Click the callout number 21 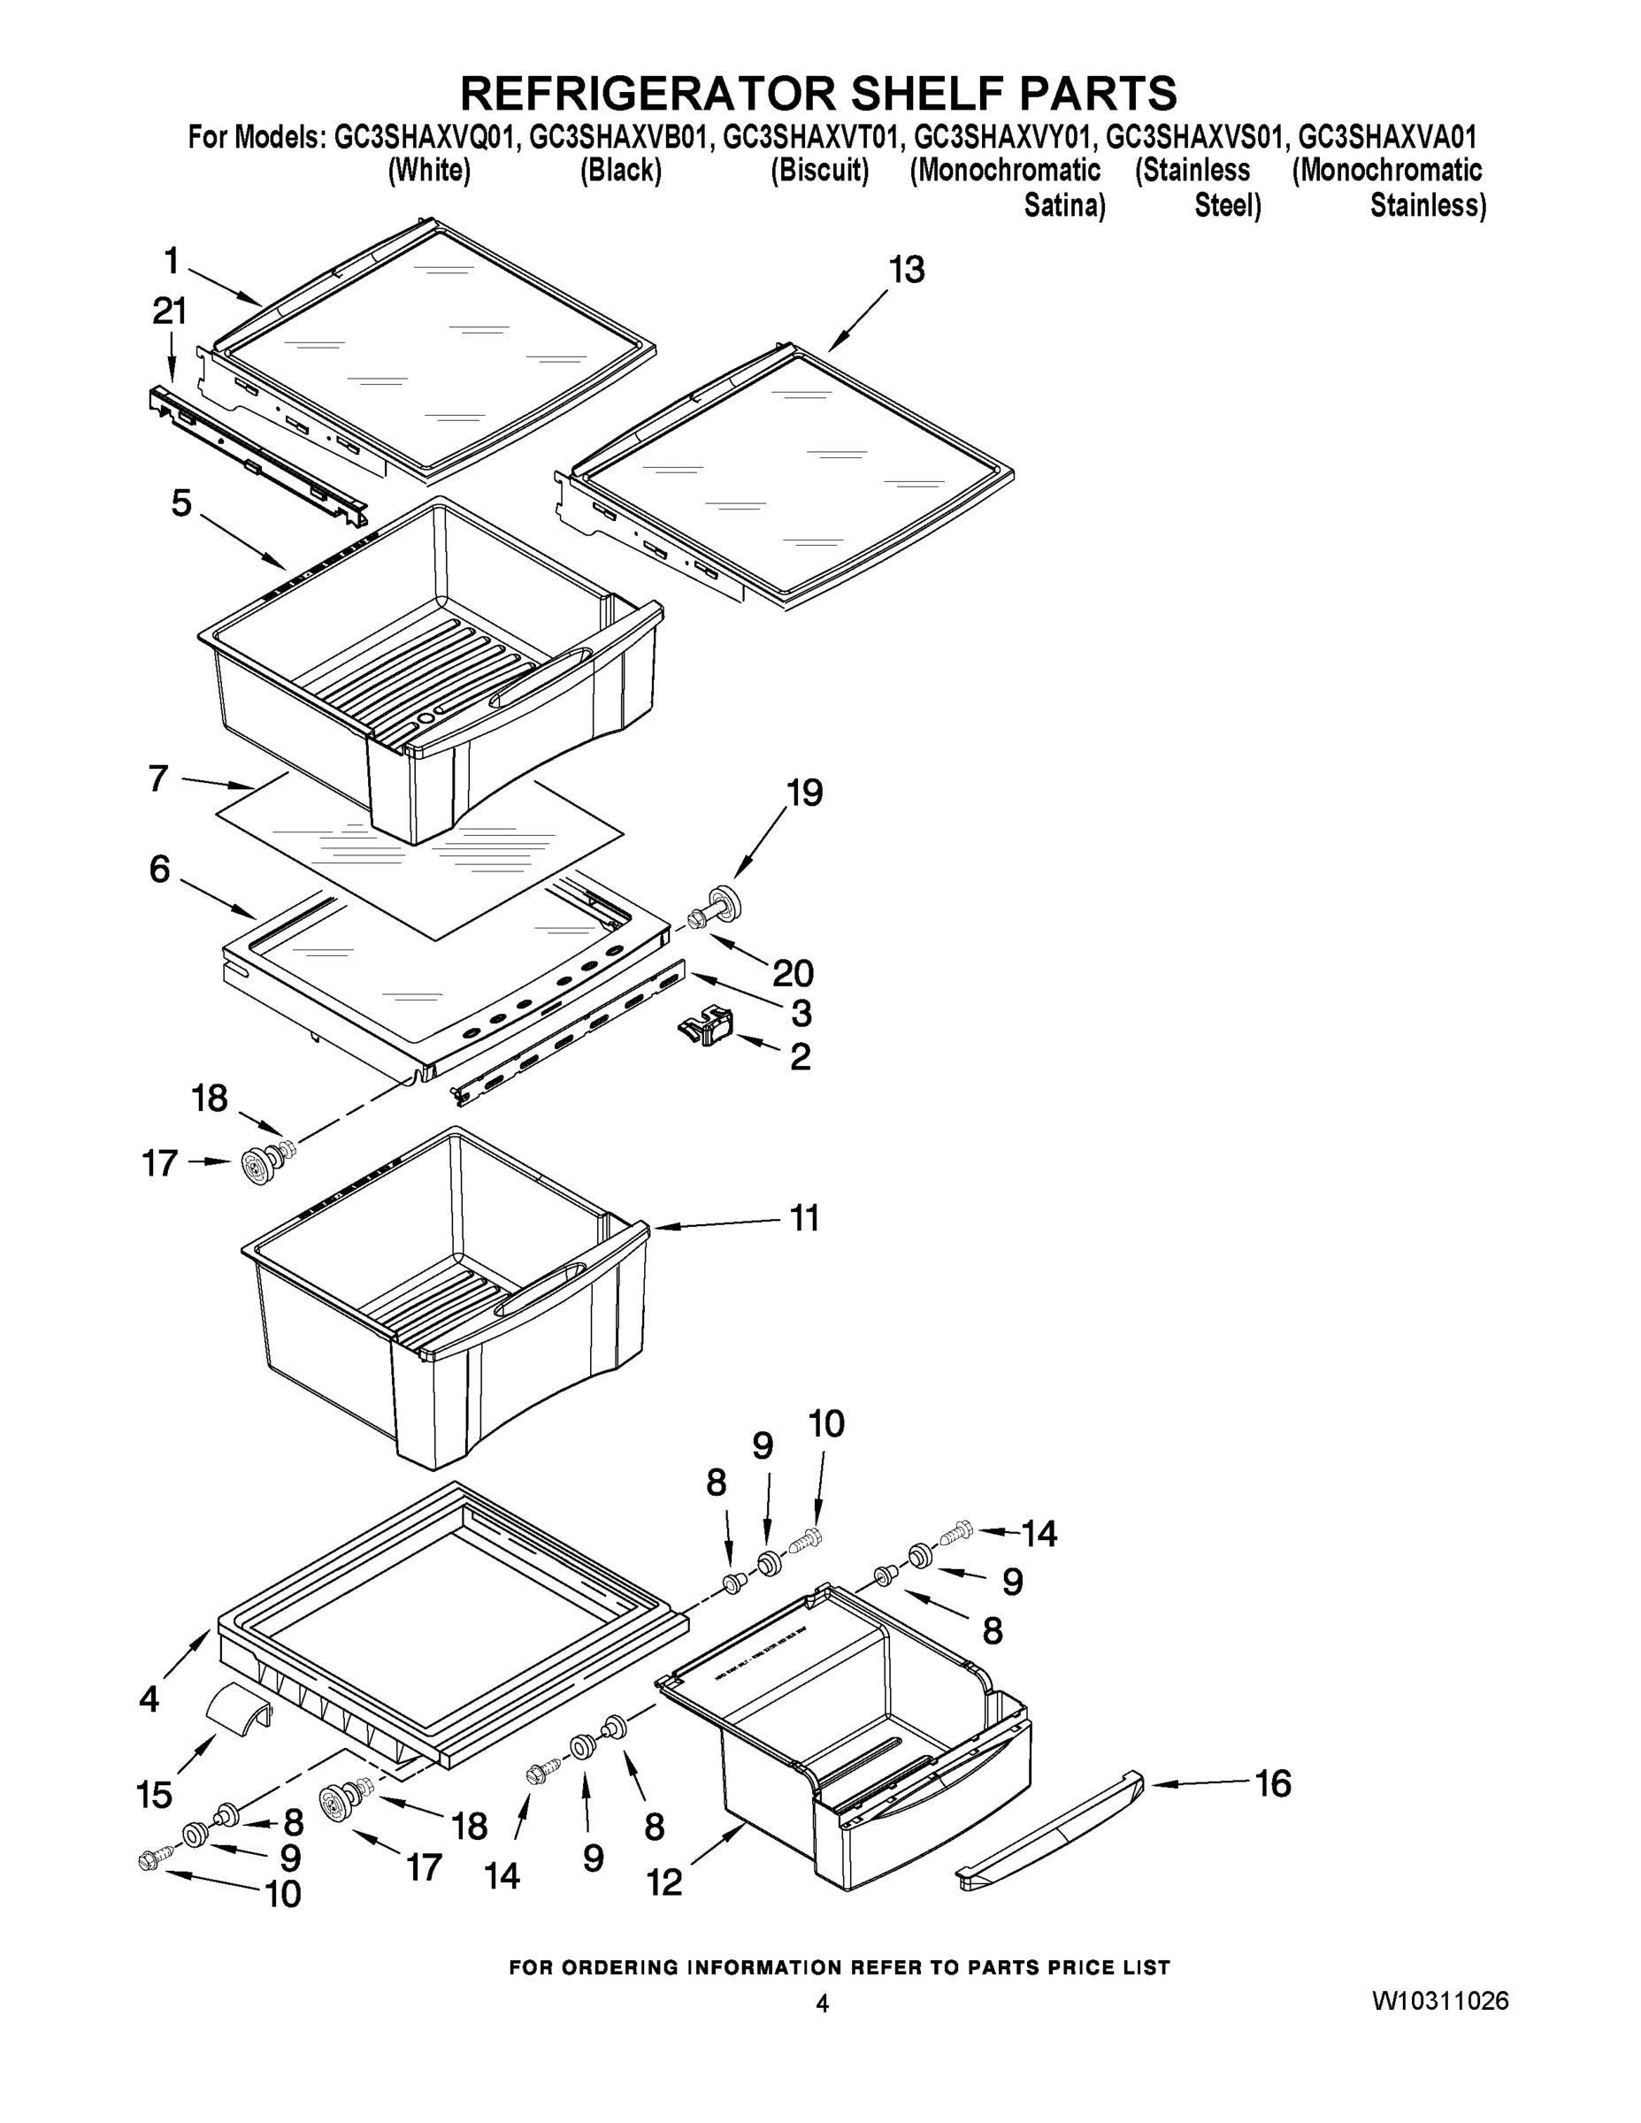169,311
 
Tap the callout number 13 906,270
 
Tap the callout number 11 804,1218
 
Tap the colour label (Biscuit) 819,171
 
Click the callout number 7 158,778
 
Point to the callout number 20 793,972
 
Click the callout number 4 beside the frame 149,1698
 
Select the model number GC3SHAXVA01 1387,137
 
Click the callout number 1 173,261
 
